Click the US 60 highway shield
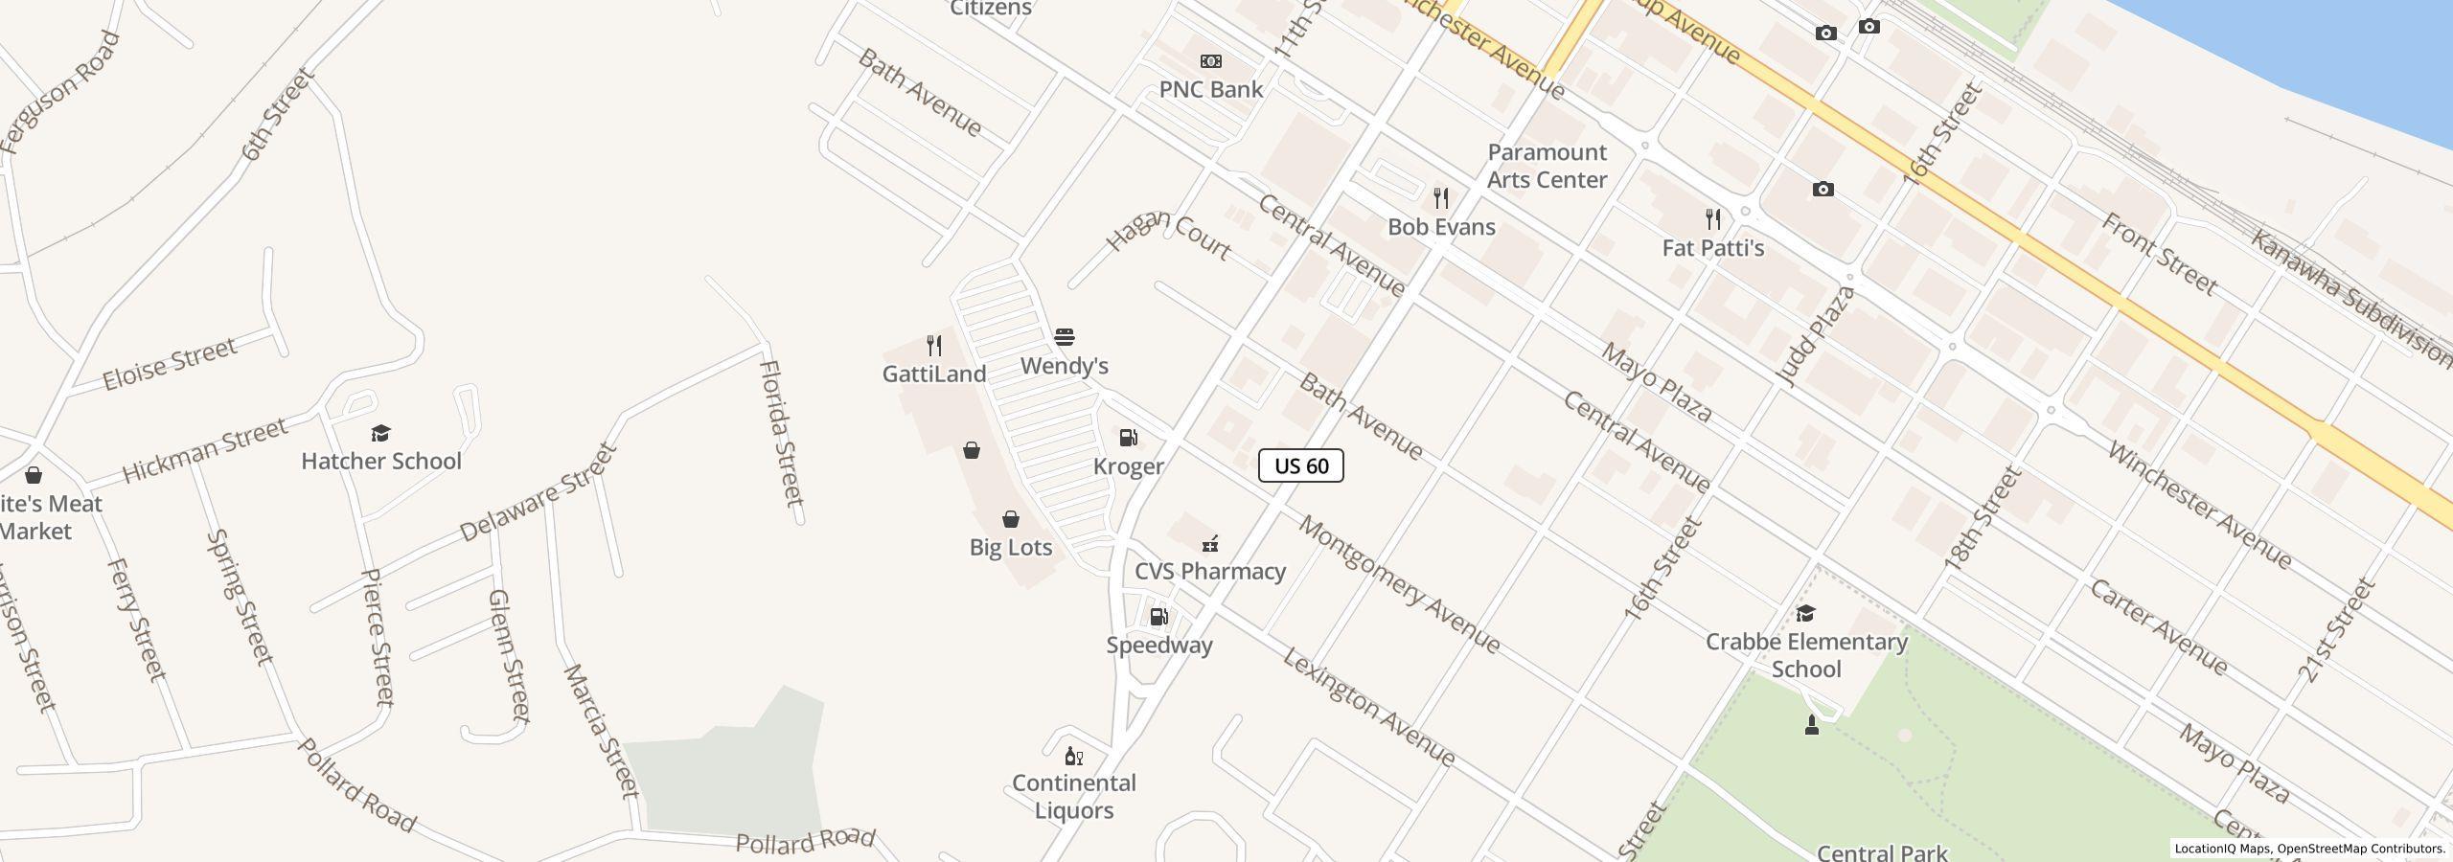(x=1300, y=465)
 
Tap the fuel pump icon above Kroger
(x=1129, y=439)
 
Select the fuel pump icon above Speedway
(x=1158, y=617)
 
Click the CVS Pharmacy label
(x=1209, y=571)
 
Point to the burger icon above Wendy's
(x=1064, y=337)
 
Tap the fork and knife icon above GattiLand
(x=934, y=346)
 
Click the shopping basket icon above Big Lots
(x=1010, y=519)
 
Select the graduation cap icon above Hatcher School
(x=380, y=433)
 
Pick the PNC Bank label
(x=1210, y=89)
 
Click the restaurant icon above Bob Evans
(x=1441, y=198)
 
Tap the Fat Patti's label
(x=1712, y=248)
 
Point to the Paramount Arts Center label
(x=1547, y=166)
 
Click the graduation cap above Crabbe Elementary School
(x=1805, y=613)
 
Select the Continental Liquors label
(x=1073, y=796)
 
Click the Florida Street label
(x=780, y=433)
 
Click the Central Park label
(x=1881, y=851)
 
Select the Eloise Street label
(x=170, y=364)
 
